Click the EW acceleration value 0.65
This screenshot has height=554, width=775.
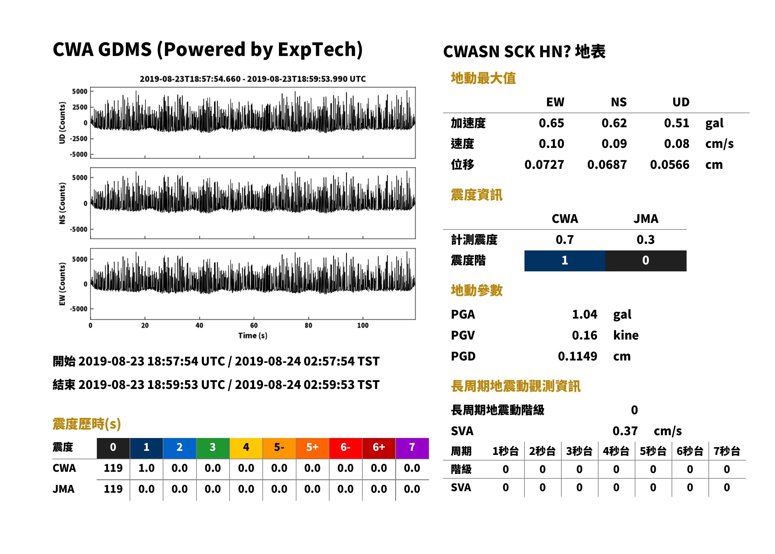pos(551,123)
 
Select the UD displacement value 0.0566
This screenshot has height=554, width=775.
pos(670,165)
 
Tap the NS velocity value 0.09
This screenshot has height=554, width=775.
pos(614,144)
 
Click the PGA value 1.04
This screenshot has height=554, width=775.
pos(584,314)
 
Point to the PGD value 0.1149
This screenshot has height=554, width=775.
pos(578,356)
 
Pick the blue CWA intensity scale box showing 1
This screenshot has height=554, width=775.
pos(565,261)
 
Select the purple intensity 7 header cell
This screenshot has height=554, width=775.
pos(412,448)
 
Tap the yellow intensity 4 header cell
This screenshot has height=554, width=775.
pos(246,448)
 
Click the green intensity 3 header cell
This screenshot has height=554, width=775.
pos(213,448)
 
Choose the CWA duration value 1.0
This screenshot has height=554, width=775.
pos(147,468)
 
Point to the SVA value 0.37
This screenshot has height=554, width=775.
pos(625,431)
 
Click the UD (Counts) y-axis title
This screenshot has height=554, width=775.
pos(62,123)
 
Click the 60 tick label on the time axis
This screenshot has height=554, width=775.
pos(254,325)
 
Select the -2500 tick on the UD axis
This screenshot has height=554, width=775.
pos(79,138)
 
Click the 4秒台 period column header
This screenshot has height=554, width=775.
pos(616,451)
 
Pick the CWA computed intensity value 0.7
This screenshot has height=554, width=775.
pos(565,240)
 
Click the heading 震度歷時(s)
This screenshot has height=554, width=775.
pos(87,424)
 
